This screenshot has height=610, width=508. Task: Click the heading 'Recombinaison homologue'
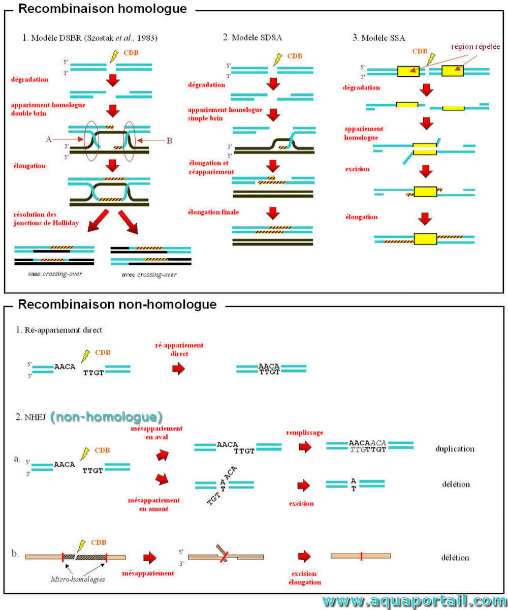tap(103, 9)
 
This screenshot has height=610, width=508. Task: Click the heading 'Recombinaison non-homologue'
tap(117, 304)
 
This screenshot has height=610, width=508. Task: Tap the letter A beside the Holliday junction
tap(49, 139)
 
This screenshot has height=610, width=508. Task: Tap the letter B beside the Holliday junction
tap(169, 141)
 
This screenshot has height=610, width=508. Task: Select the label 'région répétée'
tap(475, 47)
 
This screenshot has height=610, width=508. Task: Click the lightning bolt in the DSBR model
tap(114, 56)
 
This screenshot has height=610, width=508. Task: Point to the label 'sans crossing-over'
tap(55, 274)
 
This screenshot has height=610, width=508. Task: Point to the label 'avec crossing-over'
tap(149, 274)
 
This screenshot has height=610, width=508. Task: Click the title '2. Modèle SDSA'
tap(252, 38)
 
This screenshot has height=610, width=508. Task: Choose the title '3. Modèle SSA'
tap(378, 38)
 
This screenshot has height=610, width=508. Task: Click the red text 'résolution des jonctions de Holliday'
tap(46, 219)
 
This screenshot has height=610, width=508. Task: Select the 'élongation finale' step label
tap(213, 212)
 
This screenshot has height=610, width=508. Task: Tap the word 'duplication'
tap(455, 449)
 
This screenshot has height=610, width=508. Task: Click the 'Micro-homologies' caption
tap(78, 579)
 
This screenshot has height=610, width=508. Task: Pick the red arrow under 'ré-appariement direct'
tap(178, 369)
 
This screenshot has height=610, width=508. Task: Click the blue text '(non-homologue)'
tap(106, 417)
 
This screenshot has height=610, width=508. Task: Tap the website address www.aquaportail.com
tap(415, 601)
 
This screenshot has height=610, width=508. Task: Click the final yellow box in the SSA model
tap(425, 239)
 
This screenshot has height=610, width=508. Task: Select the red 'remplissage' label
tap(304, 433)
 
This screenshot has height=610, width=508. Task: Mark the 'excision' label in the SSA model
tap(357, 169)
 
